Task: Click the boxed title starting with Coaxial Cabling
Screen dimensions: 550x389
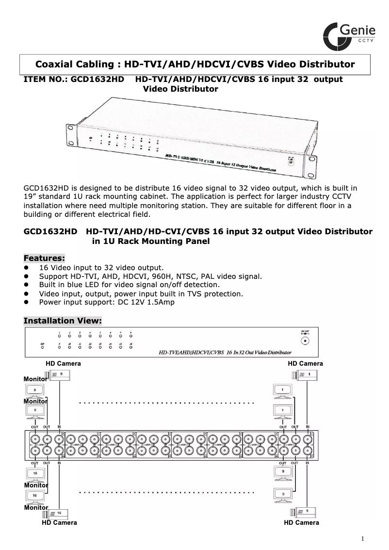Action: click(195, 65)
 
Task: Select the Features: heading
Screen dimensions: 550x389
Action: click(44, 258)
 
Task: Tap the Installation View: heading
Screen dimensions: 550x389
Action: click(63, 321)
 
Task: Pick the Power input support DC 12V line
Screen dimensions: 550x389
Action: click(107, 302)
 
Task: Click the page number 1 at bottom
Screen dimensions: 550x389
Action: click(362, 538)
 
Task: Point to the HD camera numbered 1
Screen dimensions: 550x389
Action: click(304, 374)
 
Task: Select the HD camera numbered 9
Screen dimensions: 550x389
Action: click(304, 512)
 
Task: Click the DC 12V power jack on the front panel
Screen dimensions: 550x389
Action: click(305, 340)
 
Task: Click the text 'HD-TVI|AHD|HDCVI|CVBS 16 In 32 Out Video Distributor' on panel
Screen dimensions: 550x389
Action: click(225, 352)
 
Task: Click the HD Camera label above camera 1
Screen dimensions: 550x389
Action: click(305, 363)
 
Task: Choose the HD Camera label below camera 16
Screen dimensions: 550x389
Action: click(59, 523)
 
